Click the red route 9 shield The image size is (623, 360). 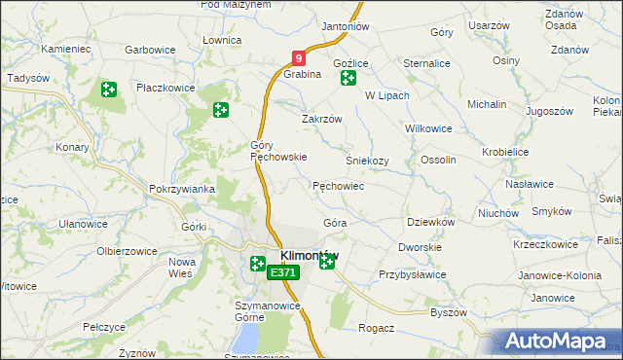tap(300, 59)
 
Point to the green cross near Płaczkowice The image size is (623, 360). tap(108, 90)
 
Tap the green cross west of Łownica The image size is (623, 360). tap(221, 111)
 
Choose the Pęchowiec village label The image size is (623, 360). tap(338, 185)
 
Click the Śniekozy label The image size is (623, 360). tap(367, 161)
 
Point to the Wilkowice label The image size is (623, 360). tap(428, 127)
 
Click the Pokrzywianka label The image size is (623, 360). tap(175, 189)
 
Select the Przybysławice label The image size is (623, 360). tap(412, 274)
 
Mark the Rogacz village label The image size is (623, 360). tap(376, 328)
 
